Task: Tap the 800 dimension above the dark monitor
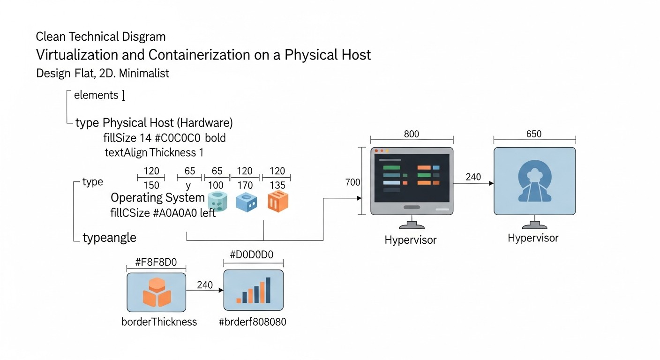[x=412, y=134]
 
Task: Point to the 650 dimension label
[x=533, y=134]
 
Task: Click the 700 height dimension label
[x=352, y=182]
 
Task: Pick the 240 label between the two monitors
[x=473, y=177]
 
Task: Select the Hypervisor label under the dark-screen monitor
[x=410, y=240]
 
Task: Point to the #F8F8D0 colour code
[x=156, y=262]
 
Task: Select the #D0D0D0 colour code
[x=252, y=255]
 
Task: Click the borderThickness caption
[x=159, y=322]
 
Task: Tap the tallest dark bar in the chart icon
[x=268, y=290]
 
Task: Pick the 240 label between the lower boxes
[x=205, y=285]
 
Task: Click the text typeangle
[x=109, y=238]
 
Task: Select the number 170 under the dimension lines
[x=245, y=185]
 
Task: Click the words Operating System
[x=157, y=197]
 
